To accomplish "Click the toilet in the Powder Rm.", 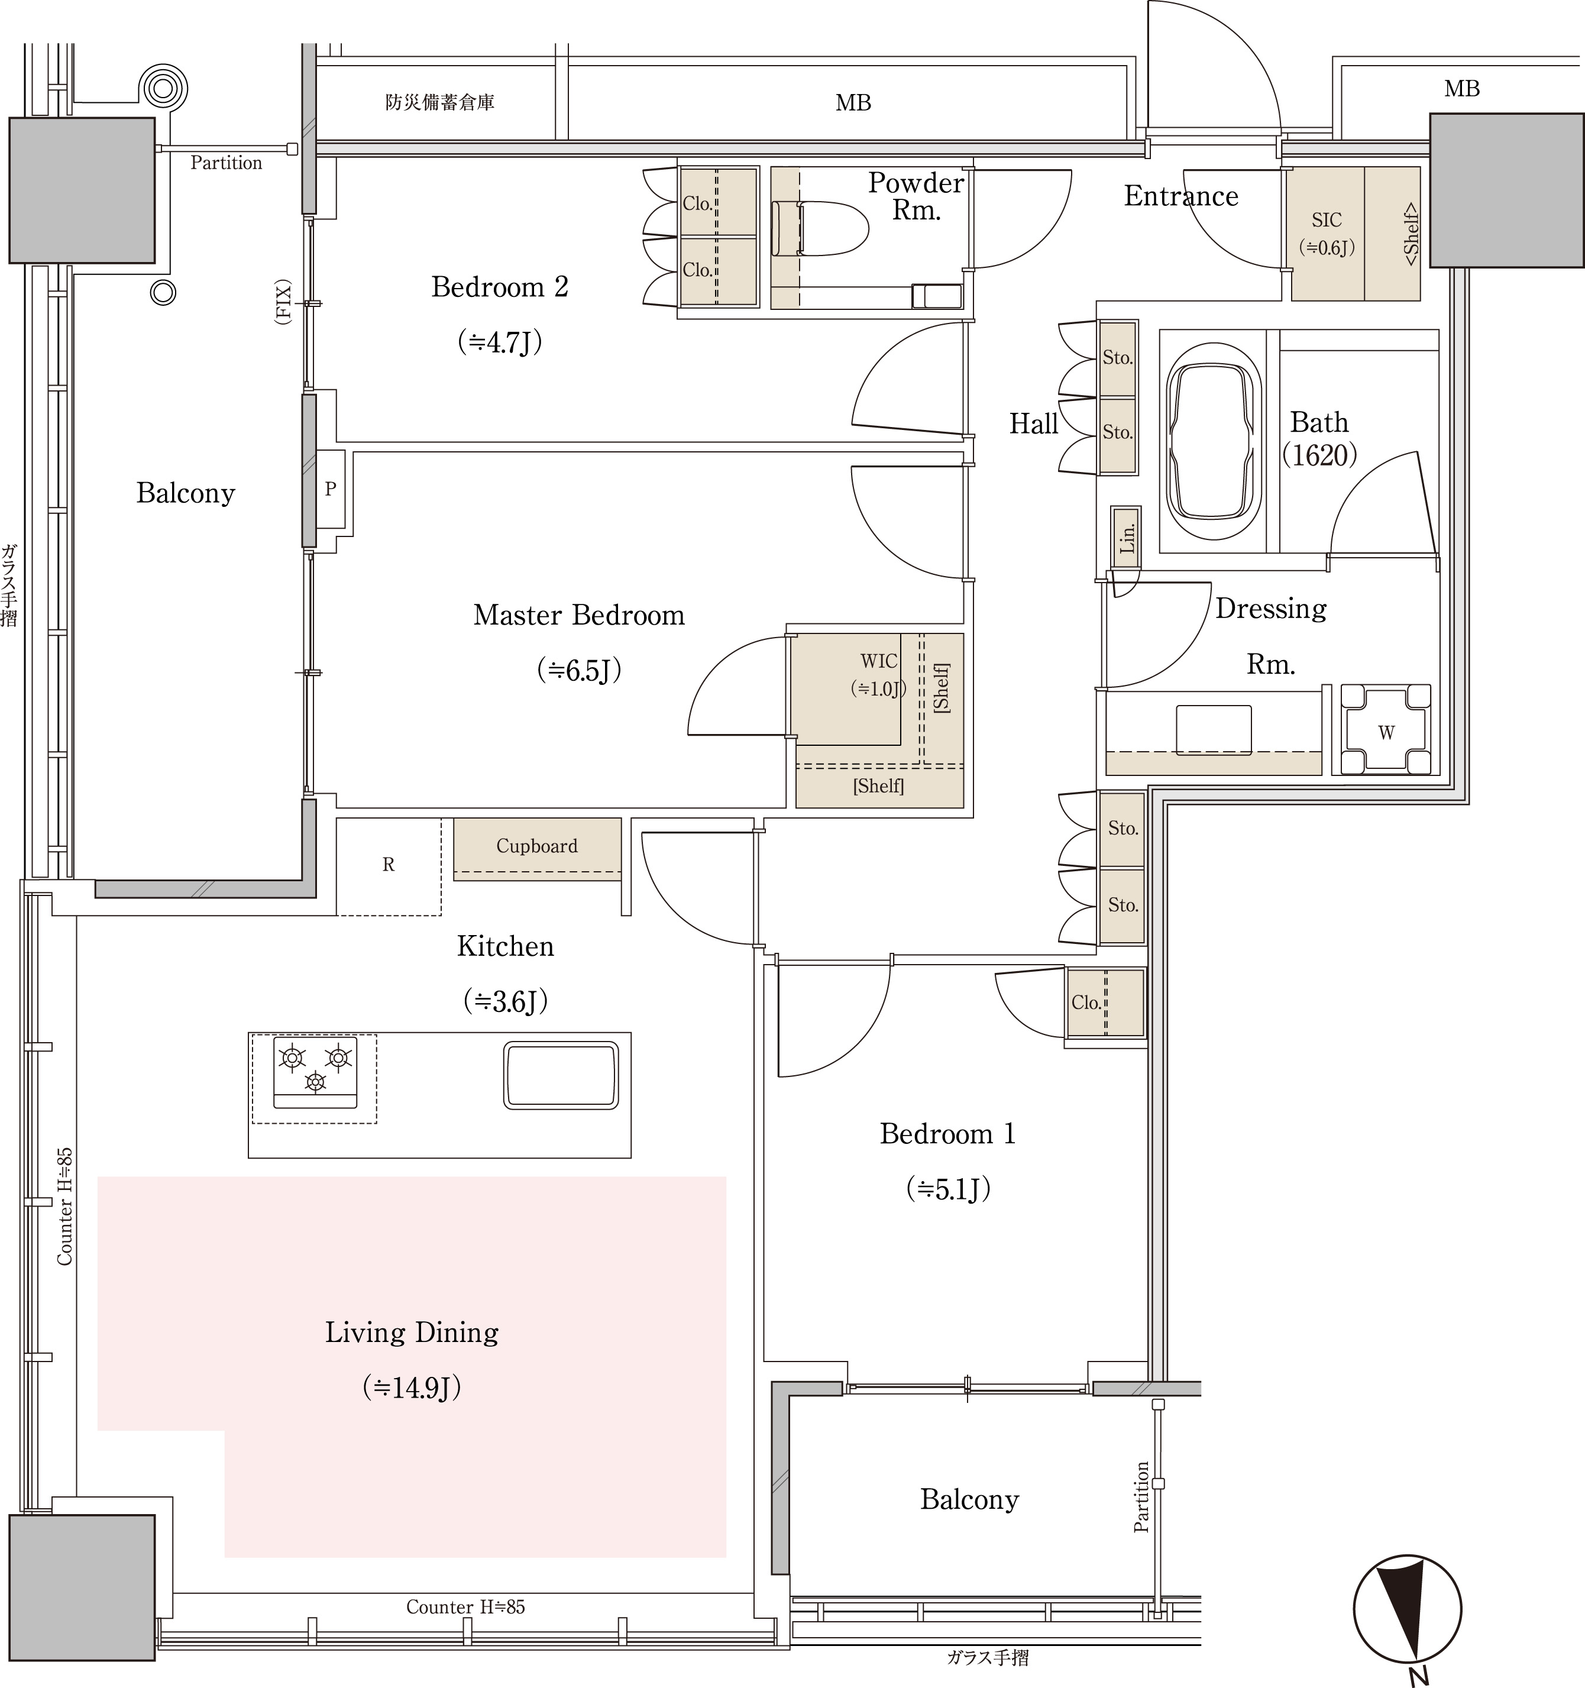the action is point(819,228).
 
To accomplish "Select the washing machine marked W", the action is point(1386,730).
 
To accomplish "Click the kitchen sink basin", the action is point(561,1074).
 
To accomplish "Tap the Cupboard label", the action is point(536,846).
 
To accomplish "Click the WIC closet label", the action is point(879,661).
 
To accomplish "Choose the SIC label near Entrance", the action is point(1326,220).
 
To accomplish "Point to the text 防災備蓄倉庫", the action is point(440,103).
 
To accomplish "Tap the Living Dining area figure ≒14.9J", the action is point(412,1388).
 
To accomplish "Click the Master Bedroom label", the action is point(579,615).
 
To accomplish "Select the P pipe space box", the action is point(330,489).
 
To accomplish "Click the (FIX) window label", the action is point(283,302).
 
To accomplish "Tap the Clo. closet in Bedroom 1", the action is point(1105,1003).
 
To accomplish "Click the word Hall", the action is point(1033,423).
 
